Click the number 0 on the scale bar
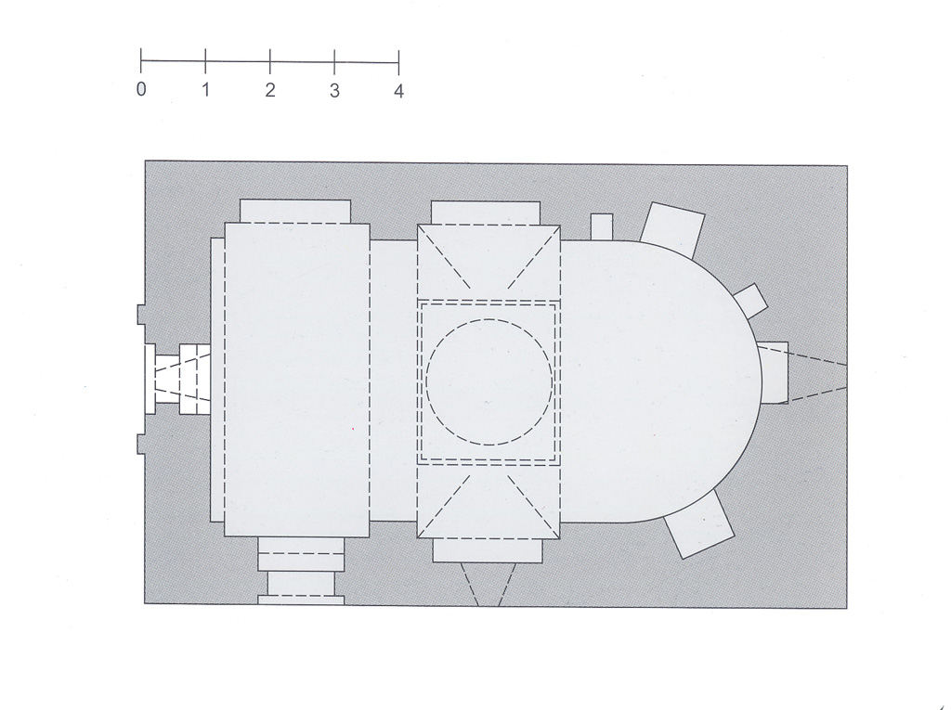pyautogui.click(x=141, y=89)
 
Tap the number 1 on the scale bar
pyautogui.click(x=206, y=89)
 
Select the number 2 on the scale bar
pyautogui.click(x=270, y=90)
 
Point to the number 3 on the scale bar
pyautogui.click(x=334, y=90)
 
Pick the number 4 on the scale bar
pyautogui.click(x=398, y=91)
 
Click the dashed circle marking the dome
pyautogui.click(x=489, y=319)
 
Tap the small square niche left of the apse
pyautogui.click(x=602, y=226)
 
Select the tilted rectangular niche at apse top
pyautogui.click(x=673, y=228)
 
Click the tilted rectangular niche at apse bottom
pyautogui.click(x=699, y=524)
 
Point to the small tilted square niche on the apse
pyautogui.click(x=751, y=301)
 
